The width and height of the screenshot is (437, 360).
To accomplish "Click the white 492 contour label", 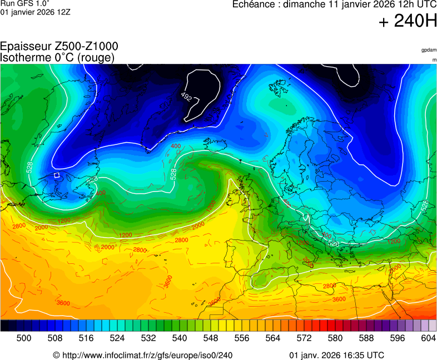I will click(x=186, y=97).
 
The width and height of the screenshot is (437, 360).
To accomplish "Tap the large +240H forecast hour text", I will click(x=408, y=22).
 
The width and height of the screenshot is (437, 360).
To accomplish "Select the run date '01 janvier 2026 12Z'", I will click(x=35, y=12).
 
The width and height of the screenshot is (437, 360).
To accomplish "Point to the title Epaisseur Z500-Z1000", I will click(x=59, y=47).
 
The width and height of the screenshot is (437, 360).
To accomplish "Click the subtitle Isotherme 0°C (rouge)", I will click(x=58, y=57).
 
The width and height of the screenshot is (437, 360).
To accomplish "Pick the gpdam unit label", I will click(x=429, y=50).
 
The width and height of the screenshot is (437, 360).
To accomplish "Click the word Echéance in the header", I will click(x=255, y=5).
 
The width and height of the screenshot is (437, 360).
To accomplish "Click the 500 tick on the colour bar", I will click(x=23, y=338).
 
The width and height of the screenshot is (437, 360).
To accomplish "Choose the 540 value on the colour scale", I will click(x=180, y=338).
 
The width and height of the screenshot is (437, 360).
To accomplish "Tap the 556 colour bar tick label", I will click(x=242, y=338).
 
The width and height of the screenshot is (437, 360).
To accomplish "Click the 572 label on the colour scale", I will click(x=304, y=338).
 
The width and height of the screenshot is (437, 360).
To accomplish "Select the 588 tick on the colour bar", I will click(x=366, y=338).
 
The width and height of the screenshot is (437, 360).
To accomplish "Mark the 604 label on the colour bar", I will click(x=428, y=338).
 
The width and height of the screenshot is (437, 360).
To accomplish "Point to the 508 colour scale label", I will click(x=54, y=338).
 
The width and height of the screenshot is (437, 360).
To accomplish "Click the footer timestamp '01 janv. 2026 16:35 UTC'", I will click(x=336, y=355).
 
